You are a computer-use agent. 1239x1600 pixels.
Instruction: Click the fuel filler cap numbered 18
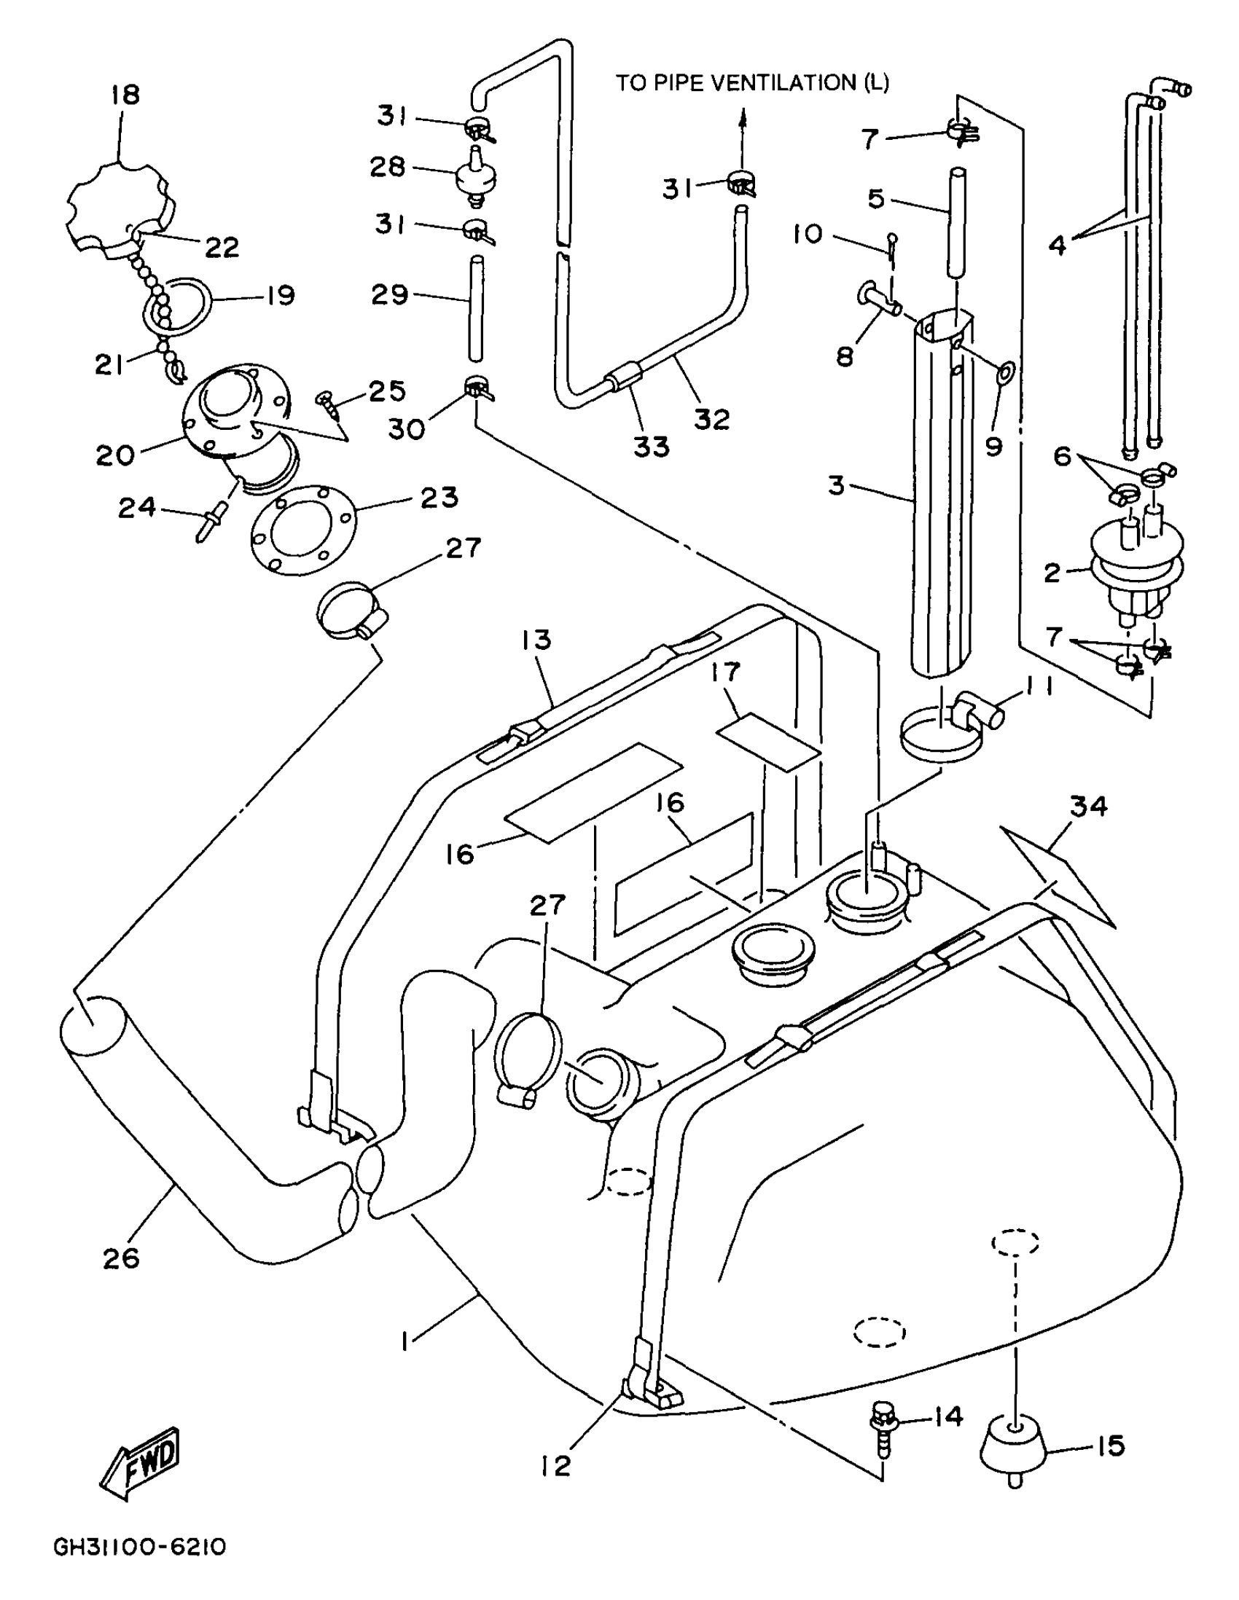pos(121,208)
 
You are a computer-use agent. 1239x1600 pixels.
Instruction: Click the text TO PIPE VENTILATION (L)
pos(751,83)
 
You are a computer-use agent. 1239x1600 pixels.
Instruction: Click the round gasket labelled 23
pos(302,529)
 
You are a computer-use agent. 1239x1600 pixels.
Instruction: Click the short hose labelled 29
pos(476,307)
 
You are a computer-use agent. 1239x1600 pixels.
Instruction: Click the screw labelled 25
pos(327,404)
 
